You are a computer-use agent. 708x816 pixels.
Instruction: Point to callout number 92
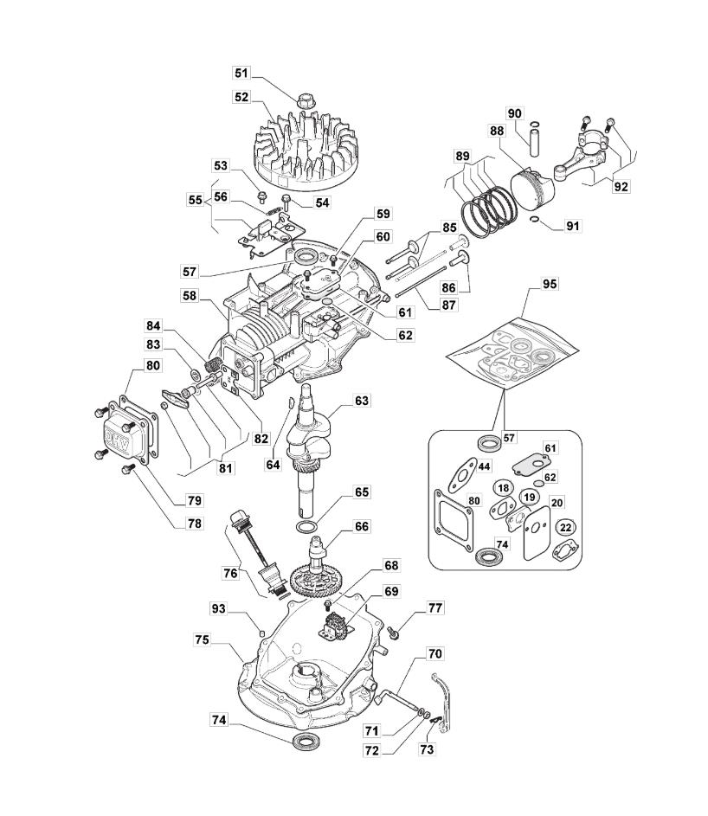pyautogui.click(x=621, y=186)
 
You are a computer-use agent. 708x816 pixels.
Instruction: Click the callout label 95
pyautogui.click(x=549, y=285)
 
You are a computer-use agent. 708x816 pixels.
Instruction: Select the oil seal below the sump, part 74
pyautogui.click(x=306, y=741)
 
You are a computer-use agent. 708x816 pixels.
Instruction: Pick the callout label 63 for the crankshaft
pyautogui.click(x=361, y=402)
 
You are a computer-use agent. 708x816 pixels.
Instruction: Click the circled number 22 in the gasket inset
pyautogui.click(x=565, y=527)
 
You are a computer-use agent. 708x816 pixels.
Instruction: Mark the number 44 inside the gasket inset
pyautogui.click(x=483, y=467)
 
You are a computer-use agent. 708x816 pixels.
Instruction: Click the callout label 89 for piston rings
pyautogui.click(x=464, y=157)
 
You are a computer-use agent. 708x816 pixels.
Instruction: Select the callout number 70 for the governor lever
pyautogui.click(x=435, y=653)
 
